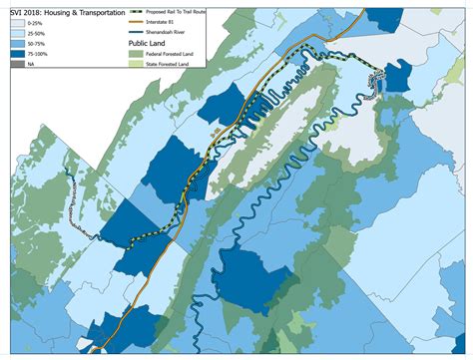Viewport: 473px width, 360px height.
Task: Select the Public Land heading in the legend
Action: [148, 44]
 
